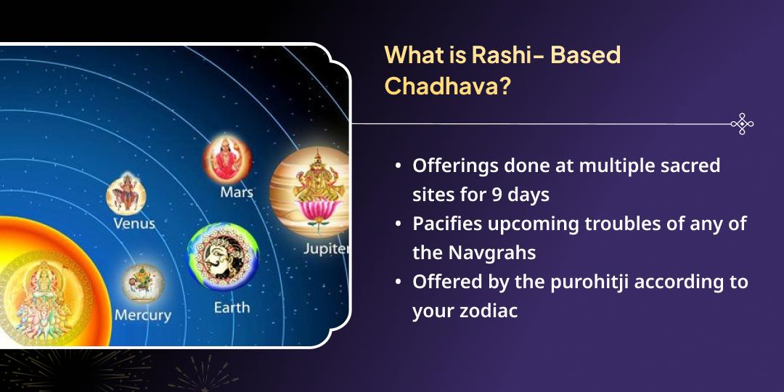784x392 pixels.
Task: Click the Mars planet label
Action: tap(237, 192)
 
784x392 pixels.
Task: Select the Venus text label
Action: tap(134, 223)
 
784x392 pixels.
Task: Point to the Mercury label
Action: tap(142, 315)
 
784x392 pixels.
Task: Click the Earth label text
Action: tap(232, 308)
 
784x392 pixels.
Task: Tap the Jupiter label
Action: tap(327, 249)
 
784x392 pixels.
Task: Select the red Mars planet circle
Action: tap(226, 158)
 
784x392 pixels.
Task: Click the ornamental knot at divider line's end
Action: tap(741, 124)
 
